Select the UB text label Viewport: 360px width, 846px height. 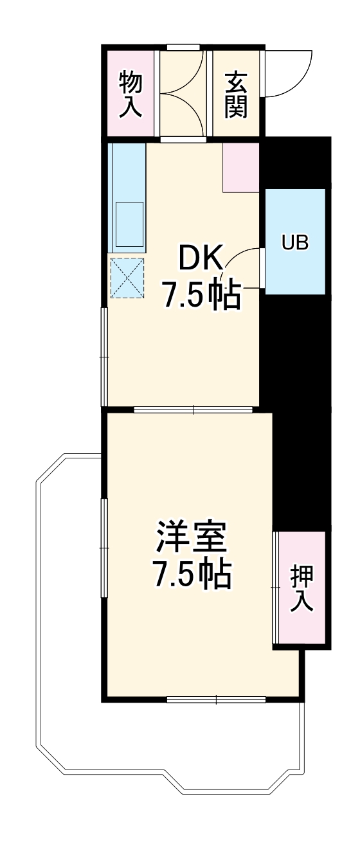click(295, 242)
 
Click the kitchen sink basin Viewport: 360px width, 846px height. click(129, 224)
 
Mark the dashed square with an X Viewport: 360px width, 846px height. click(127, 278)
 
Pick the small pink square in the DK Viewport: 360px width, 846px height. click(241, 167)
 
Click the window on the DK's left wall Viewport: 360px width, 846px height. click(104, 356)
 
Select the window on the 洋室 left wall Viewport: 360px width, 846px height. click(104, 547)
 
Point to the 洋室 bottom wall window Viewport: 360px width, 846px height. click(216, 699)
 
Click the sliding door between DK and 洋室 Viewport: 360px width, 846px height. click(194, 409)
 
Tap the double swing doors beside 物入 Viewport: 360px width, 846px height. click(183, 93)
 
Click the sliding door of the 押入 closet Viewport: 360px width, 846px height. click(276, 588)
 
